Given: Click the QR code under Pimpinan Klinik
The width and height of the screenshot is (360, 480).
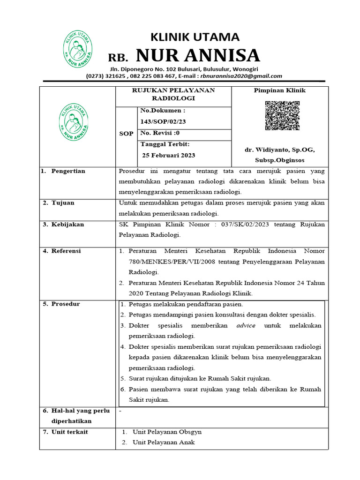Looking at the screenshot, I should pos(282,115).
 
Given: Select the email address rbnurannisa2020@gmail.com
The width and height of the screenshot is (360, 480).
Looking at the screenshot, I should pos(241,76).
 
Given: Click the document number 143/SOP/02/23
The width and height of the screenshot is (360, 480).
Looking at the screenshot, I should pos(163,121).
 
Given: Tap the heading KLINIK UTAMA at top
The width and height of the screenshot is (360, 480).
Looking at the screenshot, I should pos(194,37).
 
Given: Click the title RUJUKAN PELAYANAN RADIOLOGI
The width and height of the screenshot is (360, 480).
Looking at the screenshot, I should pos(173,94).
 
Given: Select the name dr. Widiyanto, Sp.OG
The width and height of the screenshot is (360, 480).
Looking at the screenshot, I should pos(279,150).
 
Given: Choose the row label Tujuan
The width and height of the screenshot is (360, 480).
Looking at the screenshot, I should pos(65,203).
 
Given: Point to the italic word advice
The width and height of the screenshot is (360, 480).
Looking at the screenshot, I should pos(246,325).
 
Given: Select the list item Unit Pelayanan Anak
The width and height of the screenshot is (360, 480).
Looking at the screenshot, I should pos(164,442).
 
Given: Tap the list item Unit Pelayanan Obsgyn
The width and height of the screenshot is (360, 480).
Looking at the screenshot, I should pos(167,432).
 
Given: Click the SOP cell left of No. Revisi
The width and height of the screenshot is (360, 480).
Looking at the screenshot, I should pos(126,134).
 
